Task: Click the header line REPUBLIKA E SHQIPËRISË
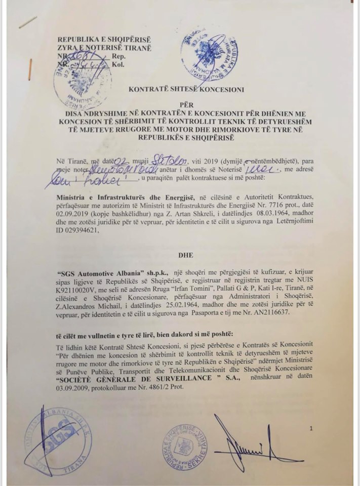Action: pos(104,39)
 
